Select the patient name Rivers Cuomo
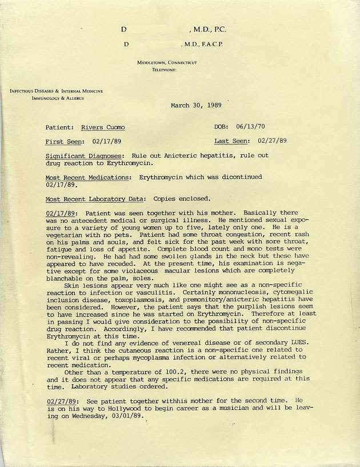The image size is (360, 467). pos(103,127)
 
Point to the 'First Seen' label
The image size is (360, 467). pos(65,141)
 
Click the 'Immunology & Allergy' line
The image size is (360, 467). pos(58,98)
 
